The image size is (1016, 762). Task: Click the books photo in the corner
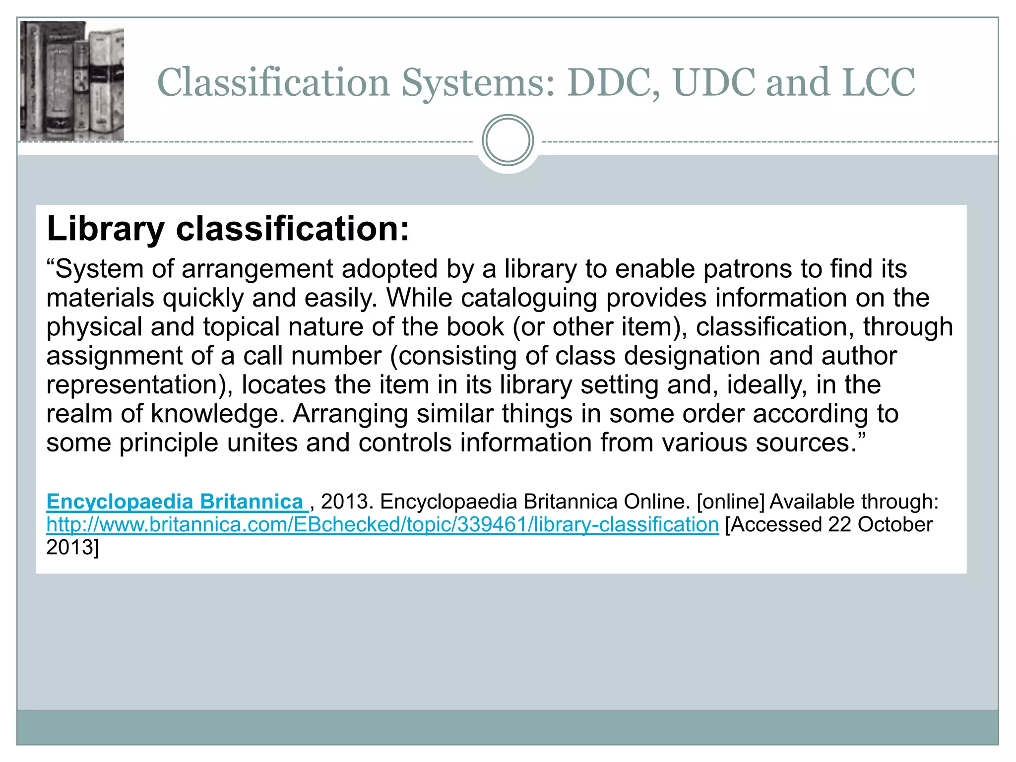pos(72,81)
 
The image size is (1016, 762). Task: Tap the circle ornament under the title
pos(508,140)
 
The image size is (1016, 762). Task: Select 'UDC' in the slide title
pos(715,82)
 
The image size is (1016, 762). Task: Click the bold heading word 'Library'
pos(105,229)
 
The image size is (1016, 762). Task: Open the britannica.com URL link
pos(382,524)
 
